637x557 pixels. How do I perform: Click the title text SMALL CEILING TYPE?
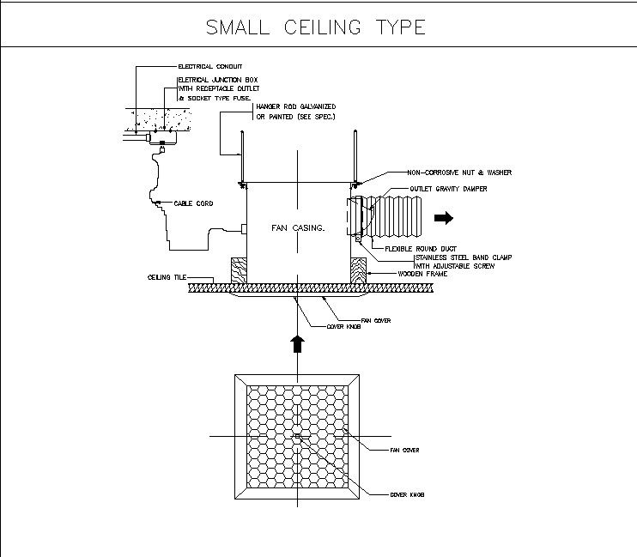tap(315, 27)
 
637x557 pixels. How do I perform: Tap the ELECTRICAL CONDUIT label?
tap(209, 66)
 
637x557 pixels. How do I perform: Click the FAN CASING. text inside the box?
tap(297, 228)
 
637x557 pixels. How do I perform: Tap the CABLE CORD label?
tap(193, 203)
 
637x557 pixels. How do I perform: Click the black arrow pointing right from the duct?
tap(444, 218)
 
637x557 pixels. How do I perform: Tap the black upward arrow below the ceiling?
tap(297, 343)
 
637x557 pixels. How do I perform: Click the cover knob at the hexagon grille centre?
tap(297, 437)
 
